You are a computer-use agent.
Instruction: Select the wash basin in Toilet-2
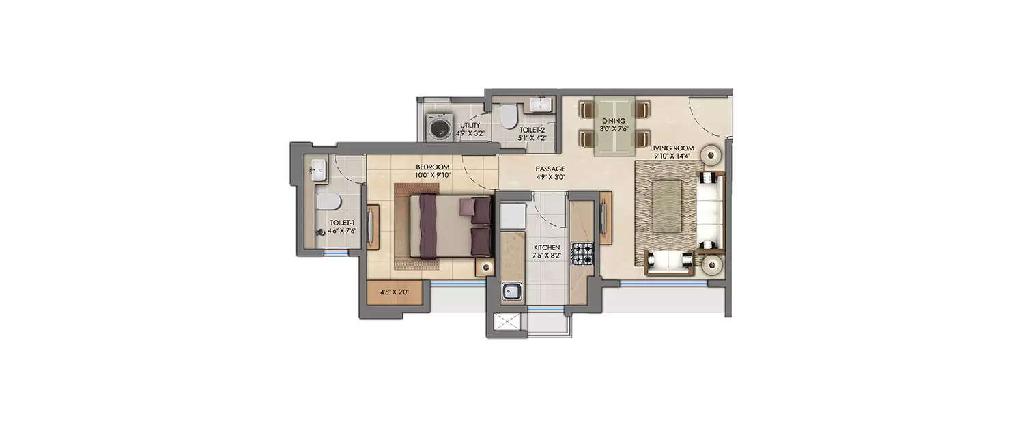point(542,105)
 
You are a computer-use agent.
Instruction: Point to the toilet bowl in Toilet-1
point(327,201)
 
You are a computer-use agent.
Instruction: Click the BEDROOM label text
point(433,167)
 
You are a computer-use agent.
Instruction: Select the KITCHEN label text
point(547,247)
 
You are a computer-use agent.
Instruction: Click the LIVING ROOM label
point(672,148)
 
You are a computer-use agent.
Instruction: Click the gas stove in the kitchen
point(583,253)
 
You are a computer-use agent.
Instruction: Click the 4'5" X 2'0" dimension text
point(394,293)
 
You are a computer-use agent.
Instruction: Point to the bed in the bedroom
point(451,227)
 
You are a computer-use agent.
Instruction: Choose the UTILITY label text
point(470,126)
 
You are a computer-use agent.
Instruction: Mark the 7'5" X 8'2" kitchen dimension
point(547,256)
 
